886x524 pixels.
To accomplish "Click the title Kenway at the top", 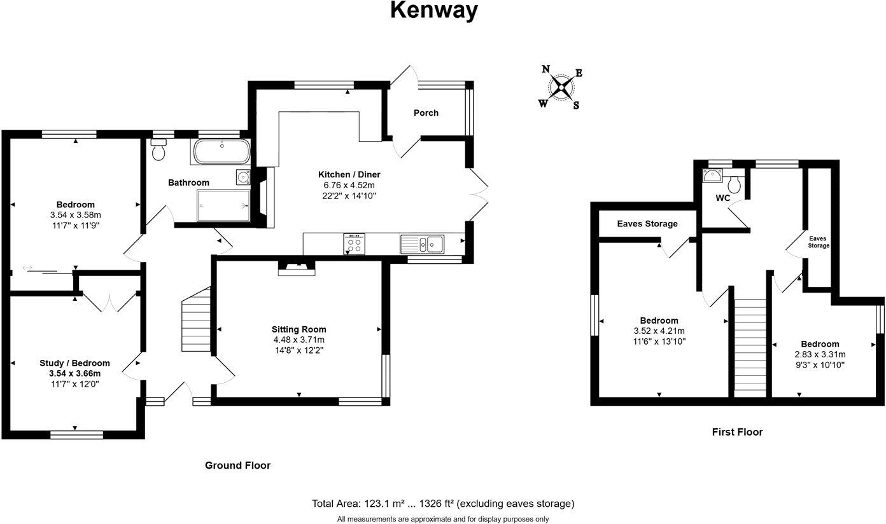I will pos(433,11).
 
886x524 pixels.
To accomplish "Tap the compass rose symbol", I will pos(561,88).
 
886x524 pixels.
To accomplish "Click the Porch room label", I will pos(426,113).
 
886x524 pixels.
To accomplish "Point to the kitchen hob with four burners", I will pos(355,244).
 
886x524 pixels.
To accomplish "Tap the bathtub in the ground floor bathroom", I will pos(221,153).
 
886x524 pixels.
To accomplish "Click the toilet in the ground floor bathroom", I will pos(158,150).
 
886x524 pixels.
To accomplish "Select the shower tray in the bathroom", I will pos(223,205).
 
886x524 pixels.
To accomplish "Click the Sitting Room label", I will pos(299,329).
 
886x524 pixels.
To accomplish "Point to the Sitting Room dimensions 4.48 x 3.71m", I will pos(299,340).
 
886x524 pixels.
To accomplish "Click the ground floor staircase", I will pos(197,316).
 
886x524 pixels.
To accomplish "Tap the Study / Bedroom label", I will pos(74,363).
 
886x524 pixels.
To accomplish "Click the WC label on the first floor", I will pos(722,198).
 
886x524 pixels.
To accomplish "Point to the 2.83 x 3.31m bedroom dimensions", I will pos(820,354).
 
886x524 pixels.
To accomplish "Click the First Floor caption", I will pos(736,432).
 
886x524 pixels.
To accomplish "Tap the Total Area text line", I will pos(442,504).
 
